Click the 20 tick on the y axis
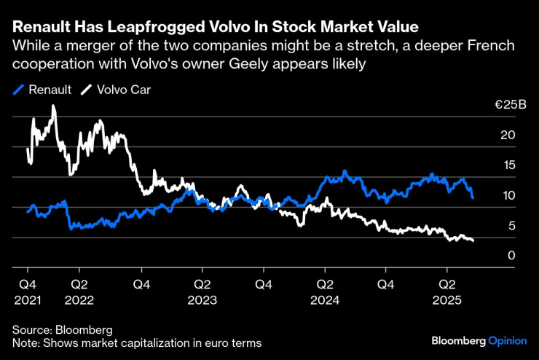tap(508, 135)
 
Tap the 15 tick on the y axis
tap(508, 165)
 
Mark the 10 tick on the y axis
tap(508, 195)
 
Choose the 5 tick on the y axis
tap(512, 226)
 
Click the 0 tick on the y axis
tap(512, 256)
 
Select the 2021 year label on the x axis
tap(27, 299)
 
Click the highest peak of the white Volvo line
tap(53, 106)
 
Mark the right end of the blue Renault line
tap(473, 197)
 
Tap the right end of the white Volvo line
tap(473, 240)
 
